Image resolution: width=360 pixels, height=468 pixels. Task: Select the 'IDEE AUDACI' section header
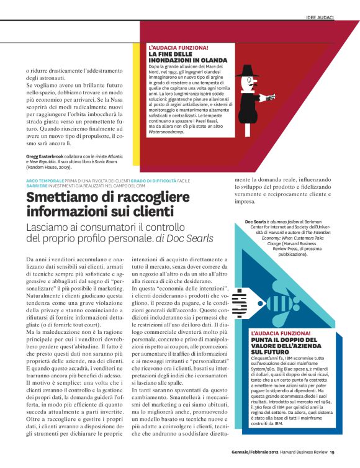click(320, 19)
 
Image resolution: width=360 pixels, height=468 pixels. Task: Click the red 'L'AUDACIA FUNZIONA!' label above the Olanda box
click(178, 47)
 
